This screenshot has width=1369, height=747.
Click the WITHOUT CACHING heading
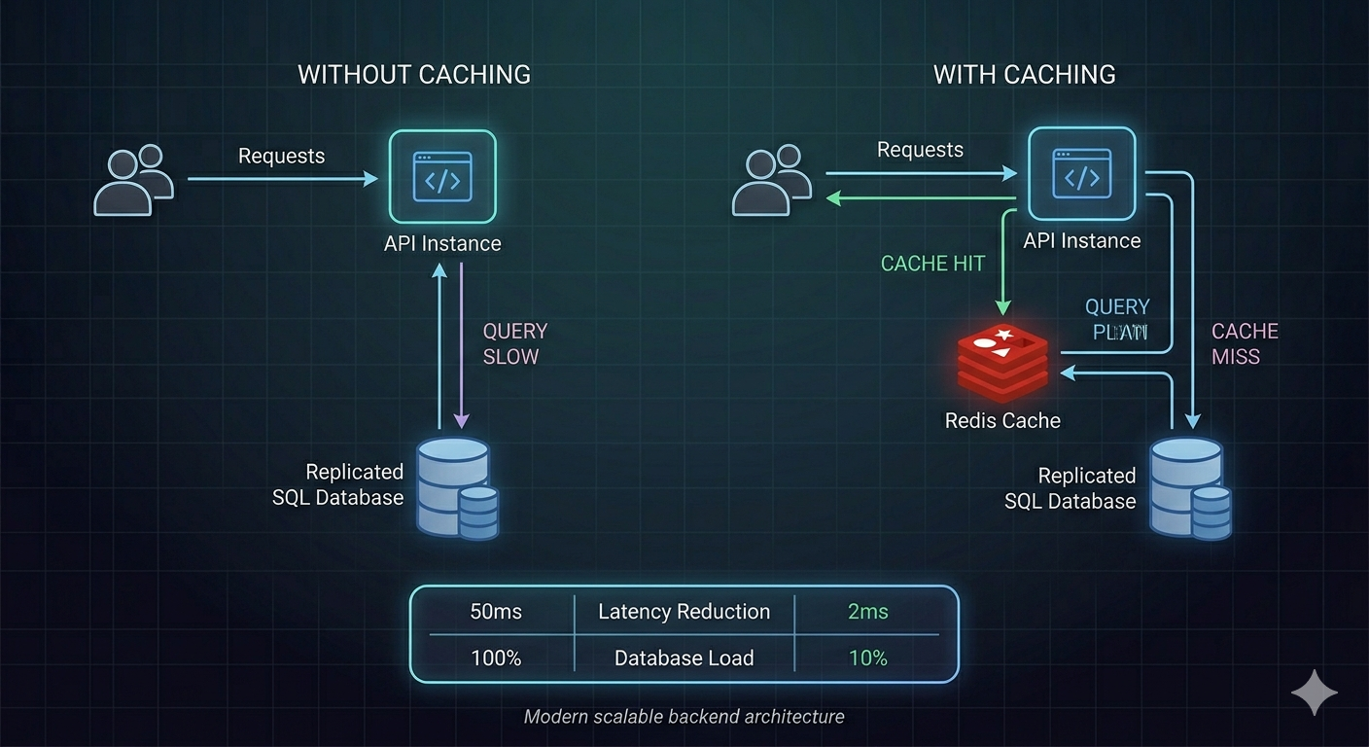coord(414,75)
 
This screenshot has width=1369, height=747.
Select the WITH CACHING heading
coord(1024,75)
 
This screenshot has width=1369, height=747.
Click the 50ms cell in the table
coord(496,612)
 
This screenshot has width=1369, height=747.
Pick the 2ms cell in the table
coord(867,612)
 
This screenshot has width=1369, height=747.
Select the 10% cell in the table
coord(867,658)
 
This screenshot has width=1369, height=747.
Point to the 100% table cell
coord(496,658)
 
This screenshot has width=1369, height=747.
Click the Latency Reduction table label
coord(684,612)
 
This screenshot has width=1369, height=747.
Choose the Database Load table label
coord(684,658)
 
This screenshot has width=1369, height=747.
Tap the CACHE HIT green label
coord(932,264)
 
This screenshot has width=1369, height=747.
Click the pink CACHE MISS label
coord(1244,344)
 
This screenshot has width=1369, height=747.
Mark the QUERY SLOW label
coord(514,344)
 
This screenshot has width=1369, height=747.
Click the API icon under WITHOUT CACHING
coord(442,176)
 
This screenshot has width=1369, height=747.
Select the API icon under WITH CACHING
coord(1081,175)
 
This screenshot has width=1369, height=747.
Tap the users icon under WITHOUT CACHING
coord(133,180)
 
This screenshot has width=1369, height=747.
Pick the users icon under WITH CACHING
coord(771,180)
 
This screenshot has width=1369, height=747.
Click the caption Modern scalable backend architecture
coord(684,717)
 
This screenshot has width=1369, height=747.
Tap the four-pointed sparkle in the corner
coord(1314,693)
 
